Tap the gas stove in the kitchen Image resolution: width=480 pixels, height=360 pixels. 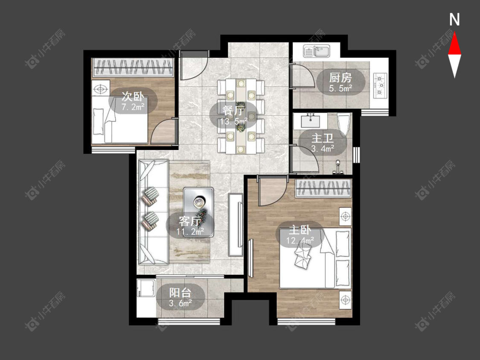380,85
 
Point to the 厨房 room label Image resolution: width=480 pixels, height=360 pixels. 340,78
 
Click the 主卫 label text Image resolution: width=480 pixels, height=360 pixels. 323,138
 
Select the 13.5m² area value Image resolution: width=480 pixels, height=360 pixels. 233,122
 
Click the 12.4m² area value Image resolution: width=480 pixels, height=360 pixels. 300,241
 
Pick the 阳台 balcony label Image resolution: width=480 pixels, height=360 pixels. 180,293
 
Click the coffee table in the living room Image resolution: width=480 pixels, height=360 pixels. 198,212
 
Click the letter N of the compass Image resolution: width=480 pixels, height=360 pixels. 454,20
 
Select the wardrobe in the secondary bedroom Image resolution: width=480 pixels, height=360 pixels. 133,68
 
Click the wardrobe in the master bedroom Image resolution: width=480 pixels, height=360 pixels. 323,188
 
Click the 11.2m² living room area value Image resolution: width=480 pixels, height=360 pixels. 190,232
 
